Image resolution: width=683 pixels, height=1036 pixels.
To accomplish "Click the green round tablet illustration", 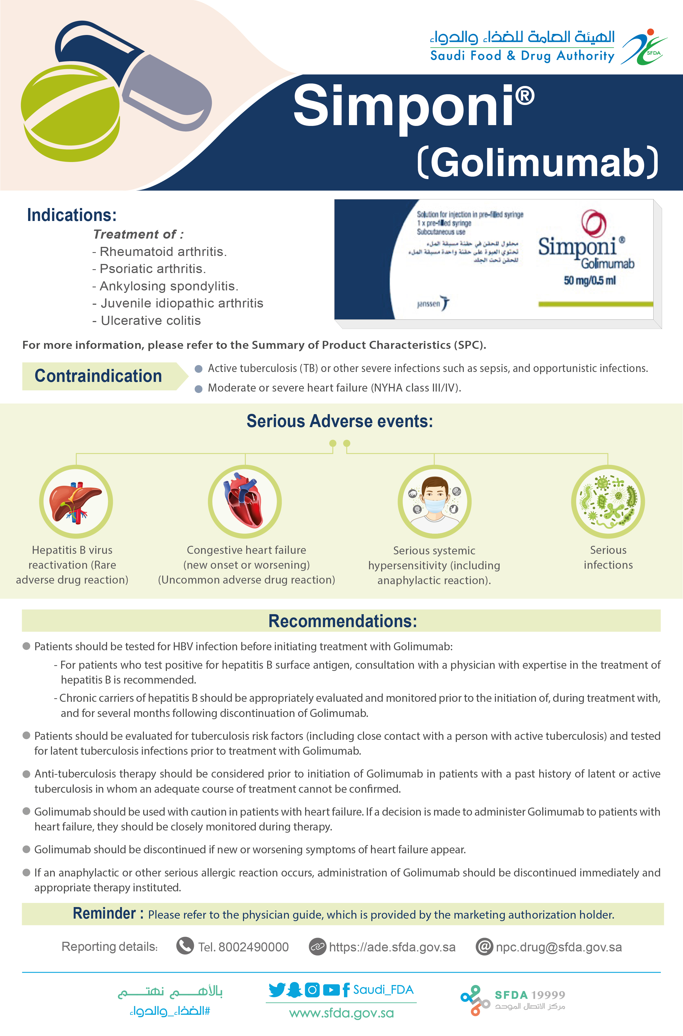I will (x=70, y=111).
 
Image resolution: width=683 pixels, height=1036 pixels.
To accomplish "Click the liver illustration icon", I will (x=76, y=501).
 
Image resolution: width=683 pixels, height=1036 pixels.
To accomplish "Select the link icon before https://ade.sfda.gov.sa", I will (x=317, y=947).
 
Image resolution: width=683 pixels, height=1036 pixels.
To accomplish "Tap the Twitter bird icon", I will (x=277, y=990).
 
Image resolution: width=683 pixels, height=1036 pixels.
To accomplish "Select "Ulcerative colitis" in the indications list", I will (x=151, y=321).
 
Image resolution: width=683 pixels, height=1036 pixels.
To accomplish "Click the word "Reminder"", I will (x=105, y=913).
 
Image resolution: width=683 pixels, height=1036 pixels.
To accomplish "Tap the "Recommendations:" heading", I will (x=342, y=621).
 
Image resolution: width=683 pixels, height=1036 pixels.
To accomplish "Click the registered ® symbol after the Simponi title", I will (x=526, y=96).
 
